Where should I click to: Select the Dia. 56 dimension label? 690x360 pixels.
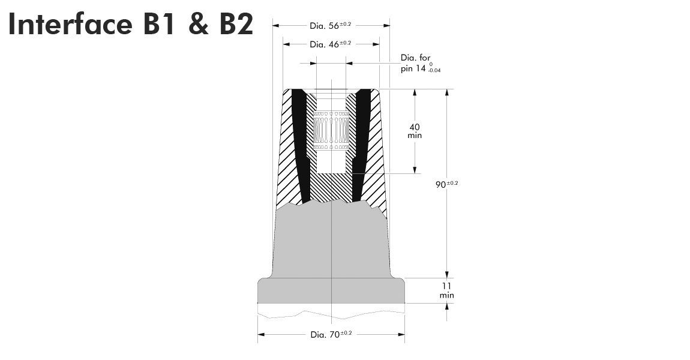(x=330, y=25)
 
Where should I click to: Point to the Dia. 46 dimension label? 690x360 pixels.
(x=330, y=44)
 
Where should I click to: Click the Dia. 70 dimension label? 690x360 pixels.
(x=331, y=334)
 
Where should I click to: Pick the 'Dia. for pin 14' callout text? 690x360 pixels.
(x=416, y=63)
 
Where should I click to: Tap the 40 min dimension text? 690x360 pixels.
(x=415, y=131)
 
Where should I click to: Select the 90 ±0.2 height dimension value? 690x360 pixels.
(x=446, y=184)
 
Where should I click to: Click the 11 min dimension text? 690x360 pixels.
(x=446, y=290)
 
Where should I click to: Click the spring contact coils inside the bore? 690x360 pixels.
(x=331, y=129)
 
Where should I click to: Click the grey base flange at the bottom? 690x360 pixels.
(x=331, y=291)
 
